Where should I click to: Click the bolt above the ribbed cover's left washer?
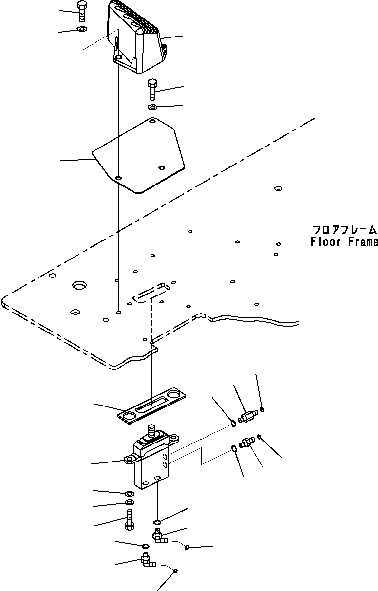pyautogui.click(x=81, y=11)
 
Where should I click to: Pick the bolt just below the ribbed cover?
pyautogui.click(x=152, y=89)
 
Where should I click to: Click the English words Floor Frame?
pyautogui.click(x=344, y=242)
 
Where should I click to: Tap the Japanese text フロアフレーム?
pyautogui.click(x=344, y=230)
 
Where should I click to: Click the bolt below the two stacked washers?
pyautogui.click(x=129, y=519)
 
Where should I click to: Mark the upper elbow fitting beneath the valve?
pyautogui.click(x=159, y=536)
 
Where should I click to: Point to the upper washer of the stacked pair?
pyautogui.click(x=129, y=494)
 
